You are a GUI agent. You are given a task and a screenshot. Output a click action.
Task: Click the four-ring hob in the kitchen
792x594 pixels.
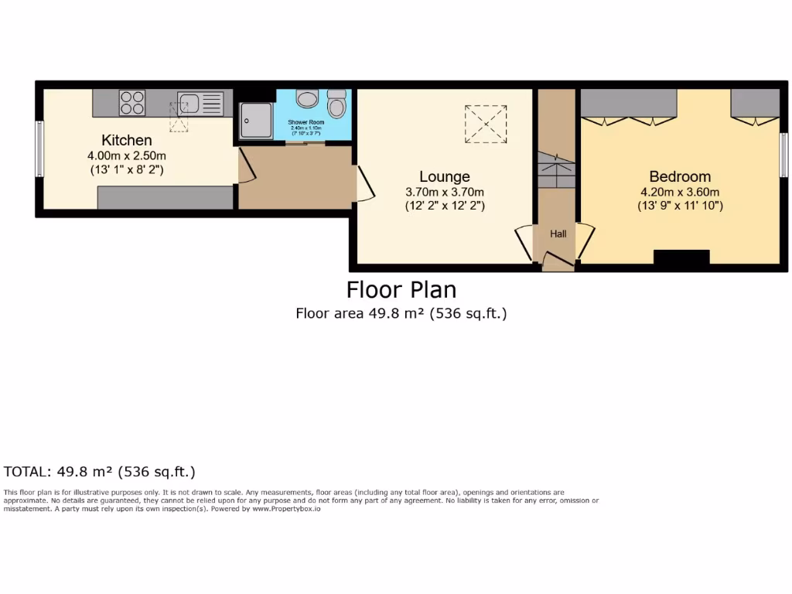[x=132, y=103]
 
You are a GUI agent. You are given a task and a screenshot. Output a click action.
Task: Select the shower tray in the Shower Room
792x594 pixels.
[x=255, y=120]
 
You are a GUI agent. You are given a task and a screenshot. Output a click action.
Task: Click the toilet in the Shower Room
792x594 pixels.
[x=336, y=104]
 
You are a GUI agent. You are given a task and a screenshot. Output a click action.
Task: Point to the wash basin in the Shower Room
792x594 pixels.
[x=308, y=99]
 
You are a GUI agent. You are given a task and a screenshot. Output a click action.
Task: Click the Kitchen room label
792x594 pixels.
[x=127, y=140]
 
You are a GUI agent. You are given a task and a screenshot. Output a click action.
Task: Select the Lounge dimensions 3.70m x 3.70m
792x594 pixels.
[x=445, y=192]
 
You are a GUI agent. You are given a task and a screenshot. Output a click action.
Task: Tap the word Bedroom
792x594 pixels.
[x=680, y=176]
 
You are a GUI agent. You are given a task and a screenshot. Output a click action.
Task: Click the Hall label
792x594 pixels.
[x=558, y=233]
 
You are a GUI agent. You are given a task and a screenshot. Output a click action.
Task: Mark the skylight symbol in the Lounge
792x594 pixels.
[x=486, y=124]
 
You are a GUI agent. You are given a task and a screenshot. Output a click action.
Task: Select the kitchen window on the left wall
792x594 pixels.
[x=39, y=148]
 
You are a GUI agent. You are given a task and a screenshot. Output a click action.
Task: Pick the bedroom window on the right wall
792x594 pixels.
[x=783, y=154]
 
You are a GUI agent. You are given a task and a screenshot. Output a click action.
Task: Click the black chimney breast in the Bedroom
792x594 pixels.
[x=681, y=258]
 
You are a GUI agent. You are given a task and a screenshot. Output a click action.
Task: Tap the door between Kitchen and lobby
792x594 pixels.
[x=244, y=166]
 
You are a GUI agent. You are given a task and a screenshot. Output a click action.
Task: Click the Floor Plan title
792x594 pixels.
[x=401, y=289]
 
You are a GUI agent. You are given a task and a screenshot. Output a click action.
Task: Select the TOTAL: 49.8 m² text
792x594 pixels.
[x=99, y=471]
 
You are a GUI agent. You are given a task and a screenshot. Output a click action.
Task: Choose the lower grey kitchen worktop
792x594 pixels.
[x=165, y=198]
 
